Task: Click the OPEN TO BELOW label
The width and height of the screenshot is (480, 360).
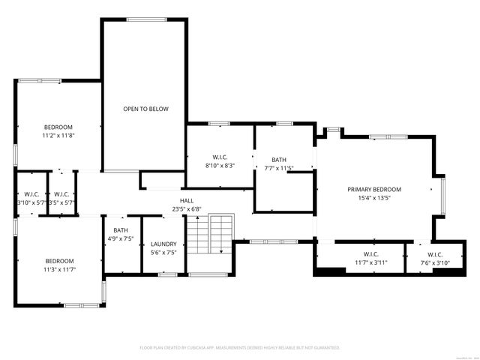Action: [x=145, y=109]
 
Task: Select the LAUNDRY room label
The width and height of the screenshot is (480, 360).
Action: [x=163, y=244]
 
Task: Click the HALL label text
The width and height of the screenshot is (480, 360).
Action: [x=187, y=200]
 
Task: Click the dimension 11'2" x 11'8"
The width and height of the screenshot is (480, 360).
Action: [x=58, y=136]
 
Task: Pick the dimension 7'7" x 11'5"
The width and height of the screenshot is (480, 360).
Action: [x=279, y=168]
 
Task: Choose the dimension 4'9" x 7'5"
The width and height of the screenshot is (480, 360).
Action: [x=121, y=238]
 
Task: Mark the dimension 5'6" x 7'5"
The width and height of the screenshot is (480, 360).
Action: [x=163, y=253]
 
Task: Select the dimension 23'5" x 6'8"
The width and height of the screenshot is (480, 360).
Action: [x=187, y=209]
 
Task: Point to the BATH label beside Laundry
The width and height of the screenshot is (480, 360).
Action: [x=121, y=230]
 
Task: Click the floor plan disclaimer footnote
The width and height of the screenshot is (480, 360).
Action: [x=240, y=348]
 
